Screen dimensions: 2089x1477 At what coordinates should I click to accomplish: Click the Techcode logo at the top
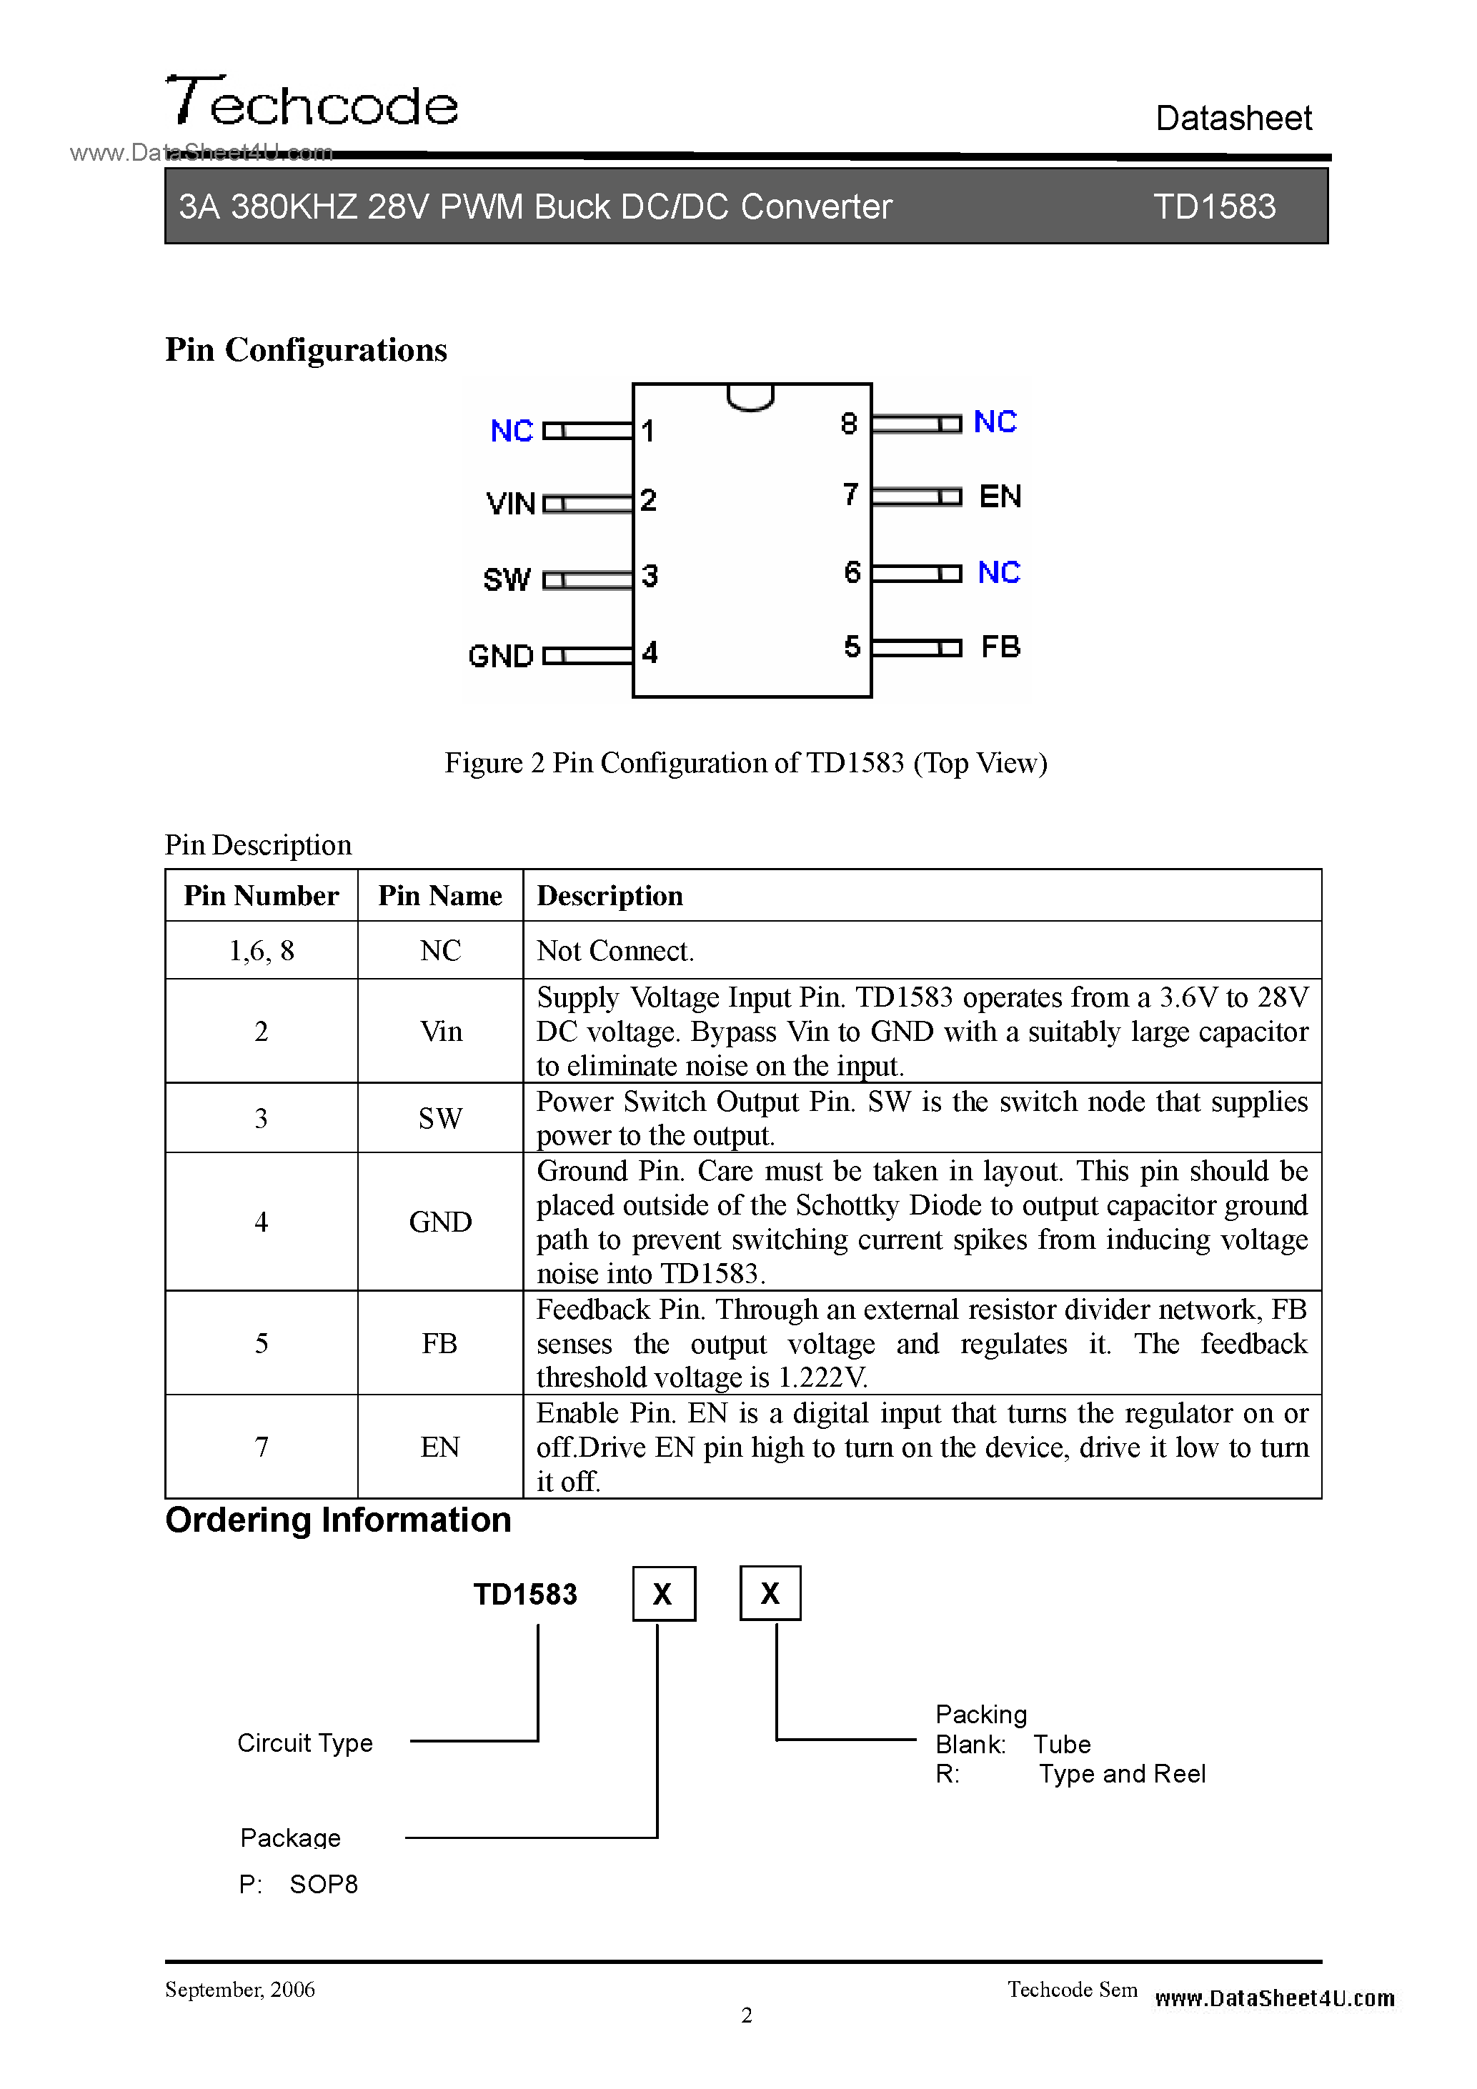312,102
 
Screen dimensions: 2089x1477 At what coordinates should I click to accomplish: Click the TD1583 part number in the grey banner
1214,206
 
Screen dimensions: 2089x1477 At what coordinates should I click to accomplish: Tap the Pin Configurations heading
306,350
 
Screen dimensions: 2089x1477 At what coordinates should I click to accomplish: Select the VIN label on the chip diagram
510,503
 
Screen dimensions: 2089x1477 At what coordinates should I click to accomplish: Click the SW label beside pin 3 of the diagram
507,579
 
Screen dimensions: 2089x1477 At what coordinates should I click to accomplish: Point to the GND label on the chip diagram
500,656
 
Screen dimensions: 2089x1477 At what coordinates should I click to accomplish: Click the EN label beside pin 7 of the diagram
1000,497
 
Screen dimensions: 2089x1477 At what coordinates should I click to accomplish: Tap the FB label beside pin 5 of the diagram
1000,647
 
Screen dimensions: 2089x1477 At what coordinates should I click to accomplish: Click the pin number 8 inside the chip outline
849,424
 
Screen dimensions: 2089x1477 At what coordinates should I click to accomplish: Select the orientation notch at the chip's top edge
751,398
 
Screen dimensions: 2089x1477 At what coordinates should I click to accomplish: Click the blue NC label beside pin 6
998,572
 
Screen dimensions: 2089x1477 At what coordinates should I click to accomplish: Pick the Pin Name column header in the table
439,896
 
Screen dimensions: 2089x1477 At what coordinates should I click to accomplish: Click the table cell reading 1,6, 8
262,951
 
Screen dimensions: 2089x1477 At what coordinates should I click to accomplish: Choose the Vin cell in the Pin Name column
440,1032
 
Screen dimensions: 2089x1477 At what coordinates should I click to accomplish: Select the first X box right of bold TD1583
663,1593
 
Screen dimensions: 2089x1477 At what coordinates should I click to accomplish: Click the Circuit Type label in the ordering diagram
305,1743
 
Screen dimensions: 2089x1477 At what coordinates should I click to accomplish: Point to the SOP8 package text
323,1884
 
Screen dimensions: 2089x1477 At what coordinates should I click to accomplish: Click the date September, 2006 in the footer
240,1990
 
